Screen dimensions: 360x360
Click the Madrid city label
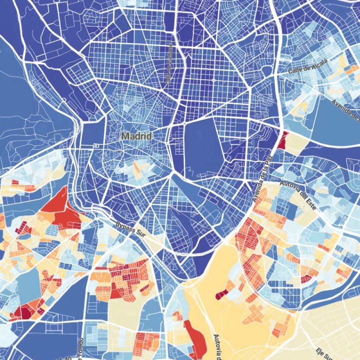point(136,136)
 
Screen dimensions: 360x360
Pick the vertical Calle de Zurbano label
point(169,64)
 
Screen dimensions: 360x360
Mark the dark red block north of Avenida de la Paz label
point(282,141)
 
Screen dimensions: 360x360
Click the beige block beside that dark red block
point(296,143)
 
